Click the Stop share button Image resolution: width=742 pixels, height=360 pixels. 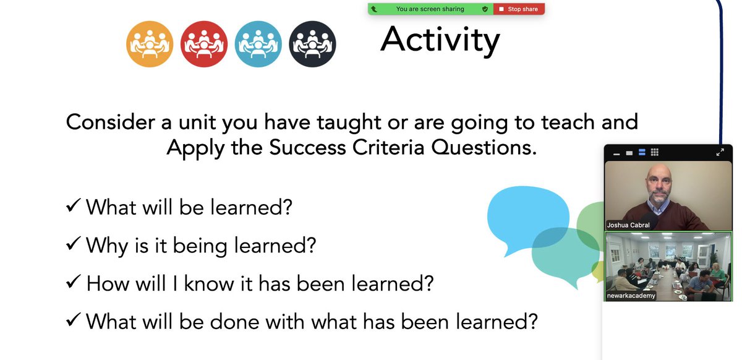point(519,9)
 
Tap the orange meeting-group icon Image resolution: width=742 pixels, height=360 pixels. point(149,44)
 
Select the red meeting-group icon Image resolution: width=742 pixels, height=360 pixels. point(203,44)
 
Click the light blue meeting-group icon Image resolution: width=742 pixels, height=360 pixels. point(258,44)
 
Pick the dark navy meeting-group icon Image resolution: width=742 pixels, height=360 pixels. point(312,44)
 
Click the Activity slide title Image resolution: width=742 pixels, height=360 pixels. point(440,40)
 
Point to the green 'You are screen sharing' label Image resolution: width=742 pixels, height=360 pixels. point(430,9)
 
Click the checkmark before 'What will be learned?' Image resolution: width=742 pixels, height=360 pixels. point(73,207)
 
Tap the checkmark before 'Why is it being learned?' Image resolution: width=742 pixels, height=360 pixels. point(73,245)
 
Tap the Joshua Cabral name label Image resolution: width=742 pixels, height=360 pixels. point(629,225)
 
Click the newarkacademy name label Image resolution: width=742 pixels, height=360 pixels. point(631,296)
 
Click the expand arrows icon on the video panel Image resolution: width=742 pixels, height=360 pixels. point(720,152)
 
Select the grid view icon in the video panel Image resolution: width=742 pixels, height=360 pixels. point(655,152)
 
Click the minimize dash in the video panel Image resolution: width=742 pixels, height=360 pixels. point(616,153)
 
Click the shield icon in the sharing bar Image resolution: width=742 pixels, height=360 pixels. point(485,9)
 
